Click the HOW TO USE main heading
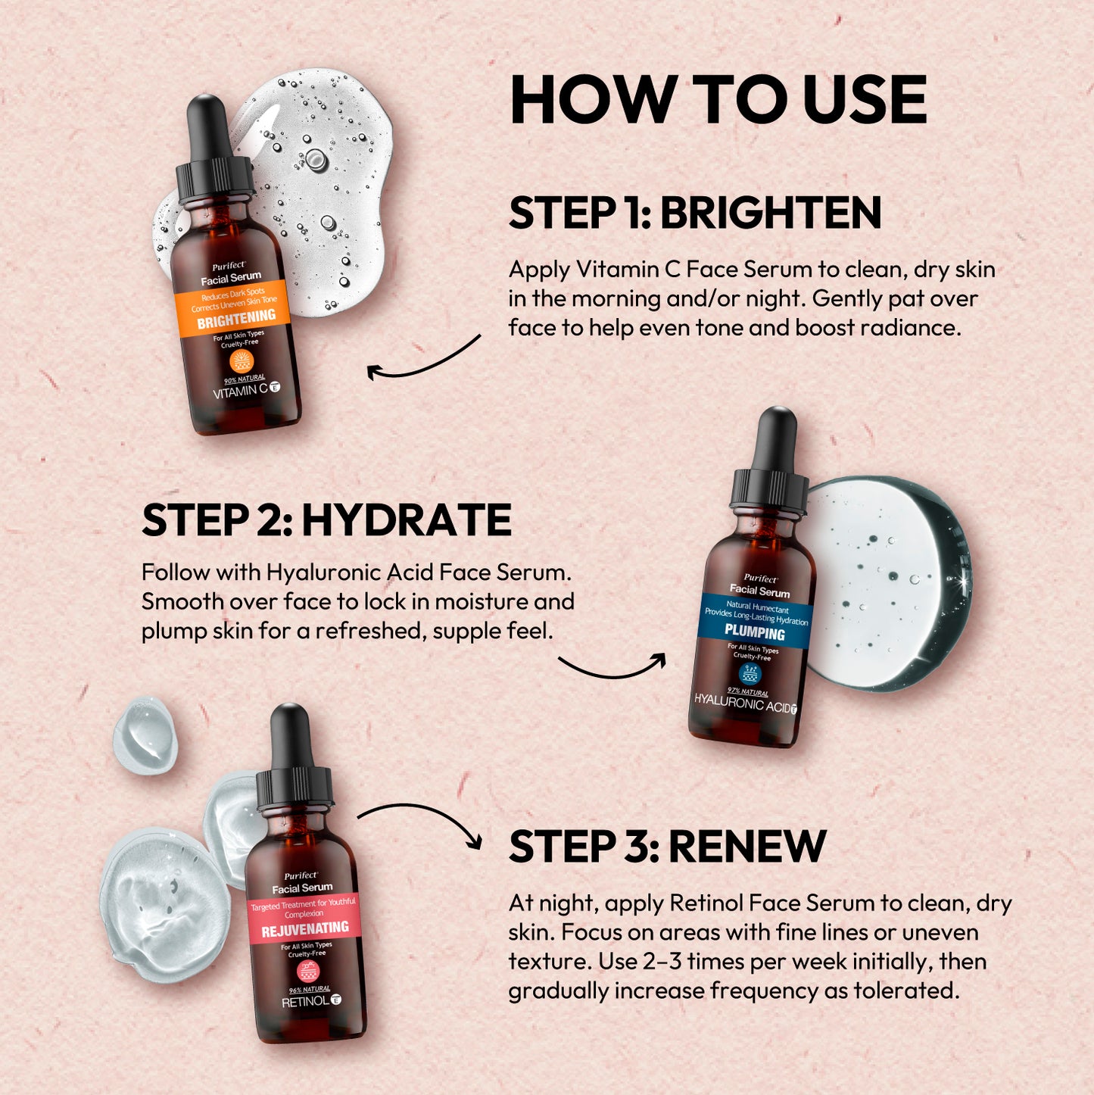click(x=718, y=100)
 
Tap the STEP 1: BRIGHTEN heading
click(x=694, y=213)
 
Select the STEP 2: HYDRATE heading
click(x=326, y=520)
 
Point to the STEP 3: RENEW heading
click(x=666, y=847)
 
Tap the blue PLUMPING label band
click(x=756, y=621)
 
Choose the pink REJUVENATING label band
click(x=304, y=919)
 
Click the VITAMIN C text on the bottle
click(x=241, y=391)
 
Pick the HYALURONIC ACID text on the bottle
click(x=742, y=703)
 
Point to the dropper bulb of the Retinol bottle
click(x=291, y=734)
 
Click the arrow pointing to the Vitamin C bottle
click(x=423, y=361)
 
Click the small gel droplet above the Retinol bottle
click(x=145, y=735)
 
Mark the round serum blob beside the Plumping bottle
click(x=886, y=583)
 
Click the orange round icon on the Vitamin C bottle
click(x=241, y=360)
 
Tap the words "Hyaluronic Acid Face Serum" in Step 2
click(x=418, y=572)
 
